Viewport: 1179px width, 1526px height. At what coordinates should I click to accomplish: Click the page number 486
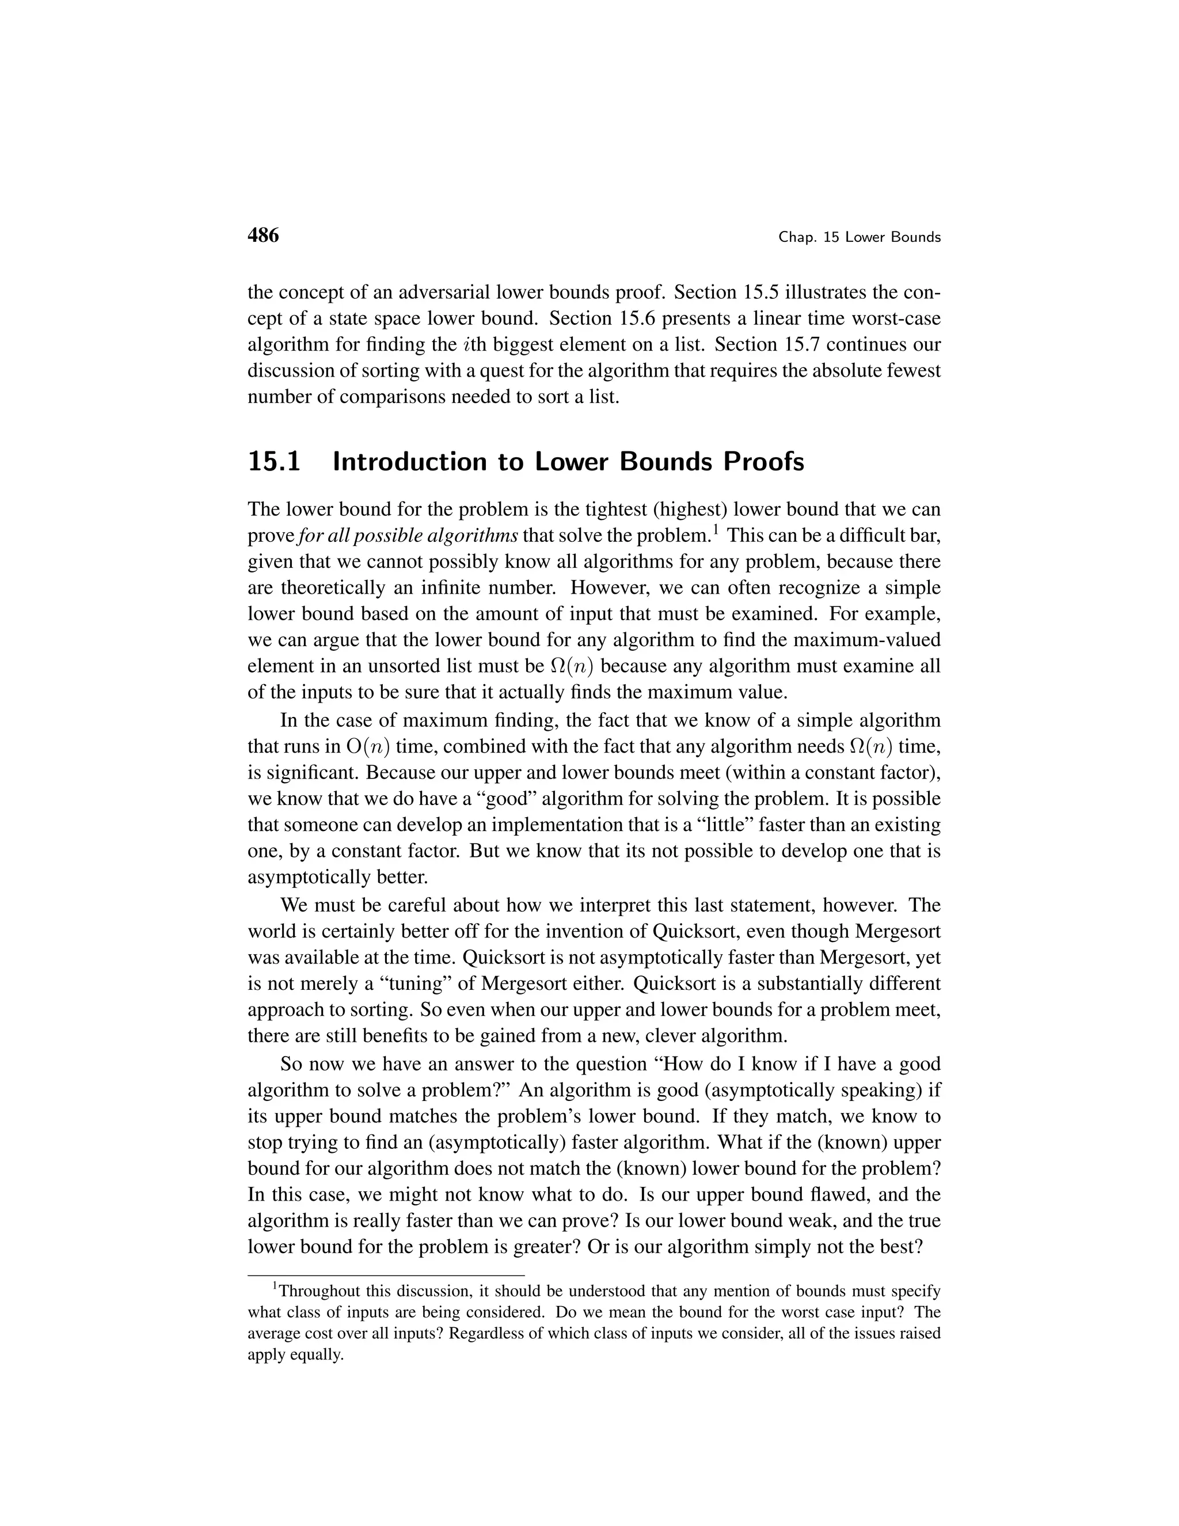(x=263, y=236)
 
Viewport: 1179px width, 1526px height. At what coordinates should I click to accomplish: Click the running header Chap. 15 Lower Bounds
(x=859, y=238)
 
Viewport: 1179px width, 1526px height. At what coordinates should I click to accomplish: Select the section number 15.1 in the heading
(x=274, y=462)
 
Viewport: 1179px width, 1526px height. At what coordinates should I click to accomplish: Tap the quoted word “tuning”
(x=362, y=984)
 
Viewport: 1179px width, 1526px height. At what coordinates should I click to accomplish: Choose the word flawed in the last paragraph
(x=831, y=1194)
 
